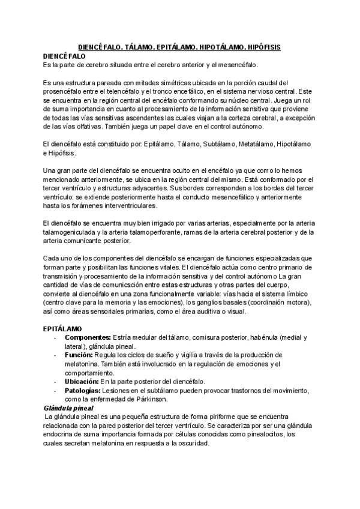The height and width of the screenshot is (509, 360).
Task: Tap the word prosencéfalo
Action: coord(65,92)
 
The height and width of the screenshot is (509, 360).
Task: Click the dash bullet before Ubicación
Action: coord(55,382)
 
